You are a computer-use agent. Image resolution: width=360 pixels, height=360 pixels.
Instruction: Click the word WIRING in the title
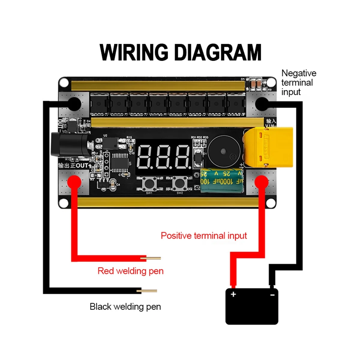(134, 52)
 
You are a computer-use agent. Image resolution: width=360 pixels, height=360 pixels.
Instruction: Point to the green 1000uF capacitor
(221, 181)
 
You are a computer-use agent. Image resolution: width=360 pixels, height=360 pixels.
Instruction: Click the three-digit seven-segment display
(164, 157)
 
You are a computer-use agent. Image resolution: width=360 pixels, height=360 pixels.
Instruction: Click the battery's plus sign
(233, 294)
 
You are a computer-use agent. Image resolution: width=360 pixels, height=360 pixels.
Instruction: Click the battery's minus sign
(272, 295)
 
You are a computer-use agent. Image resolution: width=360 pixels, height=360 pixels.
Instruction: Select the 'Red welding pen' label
(130, 271)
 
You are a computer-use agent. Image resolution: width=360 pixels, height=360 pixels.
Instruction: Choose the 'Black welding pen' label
(125, 307)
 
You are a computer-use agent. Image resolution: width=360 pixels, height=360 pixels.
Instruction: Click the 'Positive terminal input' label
(204, 235)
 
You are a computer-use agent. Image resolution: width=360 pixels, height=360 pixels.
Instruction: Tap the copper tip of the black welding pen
(149, 291)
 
